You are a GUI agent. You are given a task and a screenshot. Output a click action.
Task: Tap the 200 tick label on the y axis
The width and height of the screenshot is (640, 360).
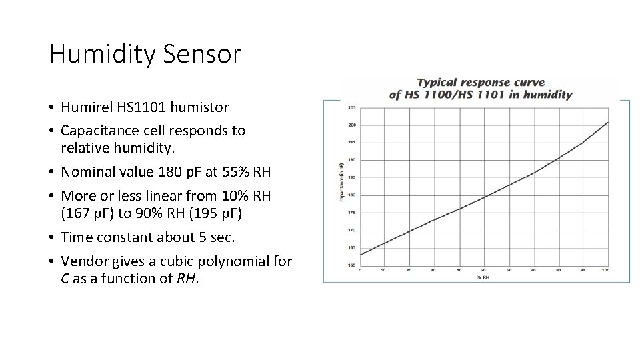point(352,125)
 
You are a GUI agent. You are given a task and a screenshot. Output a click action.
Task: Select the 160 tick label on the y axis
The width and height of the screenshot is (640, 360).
point(352,265)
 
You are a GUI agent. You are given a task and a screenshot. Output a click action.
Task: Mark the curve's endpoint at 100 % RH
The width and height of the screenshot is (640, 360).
point(607,122)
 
